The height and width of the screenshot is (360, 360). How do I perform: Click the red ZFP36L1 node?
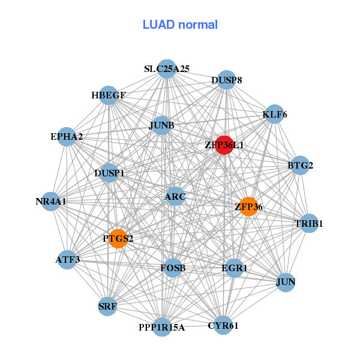[x=224, y=145]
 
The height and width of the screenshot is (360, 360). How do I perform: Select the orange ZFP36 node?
[x=248, y=206]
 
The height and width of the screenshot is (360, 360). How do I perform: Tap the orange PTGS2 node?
[x=118, y=239]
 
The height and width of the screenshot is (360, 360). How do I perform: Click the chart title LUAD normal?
[x=180, y=25]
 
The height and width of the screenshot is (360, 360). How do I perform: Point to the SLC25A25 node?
[x=167, y=69]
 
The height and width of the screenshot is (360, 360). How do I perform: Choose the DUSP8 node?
[x=226, y=80]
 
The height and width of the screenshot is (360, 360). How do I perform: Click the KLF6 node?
[x=274, y=115]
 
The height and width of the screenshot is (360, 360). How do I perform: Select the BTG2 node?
[x=300, y=166]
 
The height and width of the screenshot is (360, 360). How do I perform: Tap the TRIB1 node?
[x=308, y=223]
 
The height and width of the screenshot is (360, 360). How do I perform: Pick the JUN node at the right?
[x=286, y=281]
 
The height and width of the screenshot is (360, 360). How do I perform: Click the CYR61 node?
[x=223, y=325]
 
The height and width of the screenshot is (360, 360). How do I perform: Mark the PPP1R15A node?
[x=162, y=327]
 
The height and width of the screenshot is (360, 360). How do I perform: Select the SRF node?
[x=107, y=307]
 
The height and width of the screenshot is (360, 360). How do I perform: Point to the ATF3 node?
[x=68, y=260]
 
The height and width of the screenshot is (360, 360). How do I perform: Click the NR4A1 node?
[x=51, y=202]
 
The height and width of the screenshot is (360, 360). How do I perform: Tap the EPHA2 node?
[x=67, y=137]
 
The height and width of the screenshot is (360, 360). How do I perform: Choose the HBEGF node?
[x=109, y=95]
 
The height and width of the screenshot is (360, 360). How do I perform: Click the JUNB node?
[x=161, y=125]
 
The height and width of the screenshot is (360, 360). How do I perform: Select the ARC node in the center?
[x=175, y=196]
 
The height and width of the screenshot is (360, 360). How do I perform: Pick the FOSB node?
[x=173, y=268]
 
